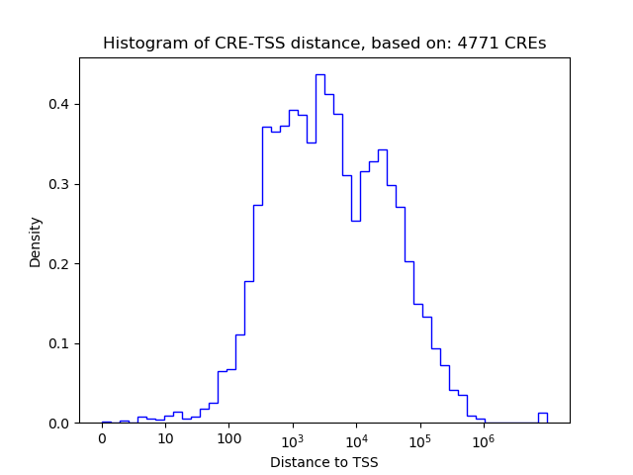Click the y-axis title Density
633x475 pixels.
[36, 241]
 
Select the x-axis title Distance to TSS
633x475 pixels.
[323, 462]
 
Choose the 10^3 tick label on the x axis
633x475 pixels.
[293, 439]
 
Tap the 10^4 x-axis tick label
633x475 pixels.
[356, 439]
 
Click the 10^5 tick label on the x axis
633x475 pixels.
[419, 439]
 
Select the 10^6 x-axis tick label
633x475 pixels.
[483, 439]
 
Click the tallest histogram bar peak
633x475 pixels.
[320, 76]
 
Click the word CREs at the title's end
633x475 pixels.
[527, 44]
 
